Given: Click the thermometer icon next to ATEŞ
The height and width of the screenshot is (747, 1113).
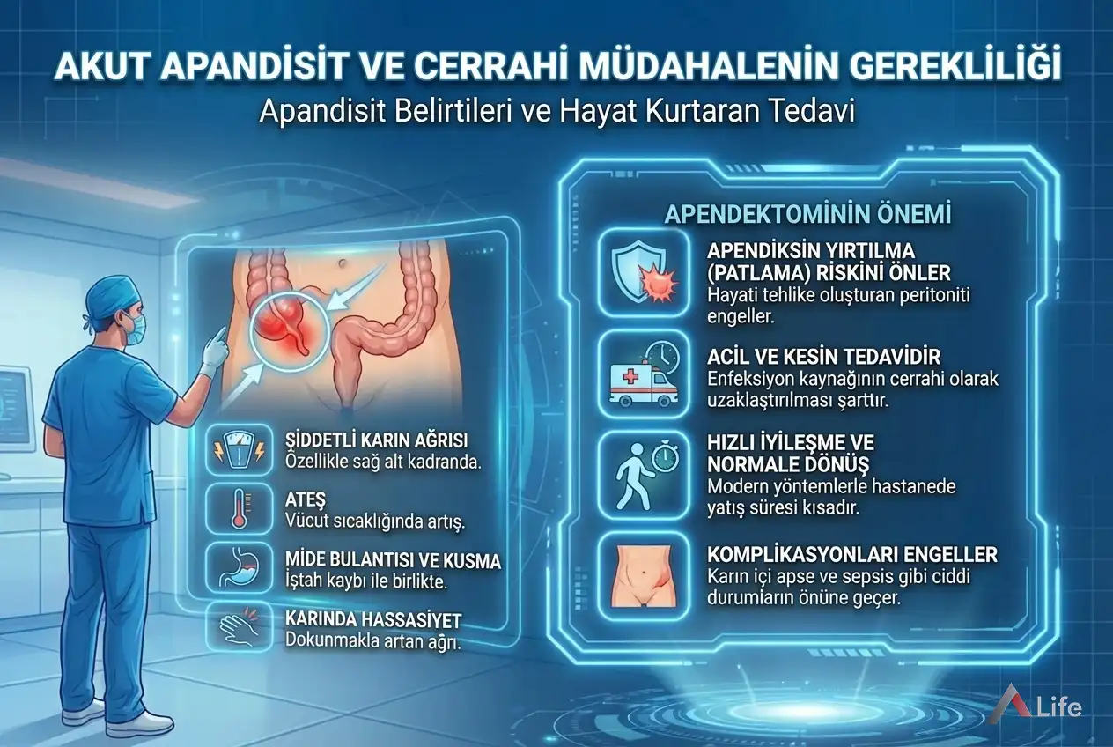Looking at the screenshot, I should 238,508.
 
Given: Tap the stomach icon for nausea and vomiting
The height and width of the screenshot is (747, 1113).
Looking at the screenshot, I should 238,566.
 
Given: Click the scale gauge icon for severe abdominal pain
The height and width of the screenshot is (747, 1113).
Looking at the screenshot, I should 238,450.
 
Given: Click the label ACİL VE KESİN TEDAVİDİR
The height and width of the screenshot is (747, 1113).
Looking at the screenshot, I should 824,356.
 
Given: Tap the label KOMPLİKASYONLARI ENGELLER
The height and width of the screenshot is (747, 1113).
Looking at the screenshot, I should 852,554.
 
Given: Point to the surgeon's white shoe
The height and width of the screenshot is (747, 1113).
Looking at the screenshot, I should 141,723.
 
